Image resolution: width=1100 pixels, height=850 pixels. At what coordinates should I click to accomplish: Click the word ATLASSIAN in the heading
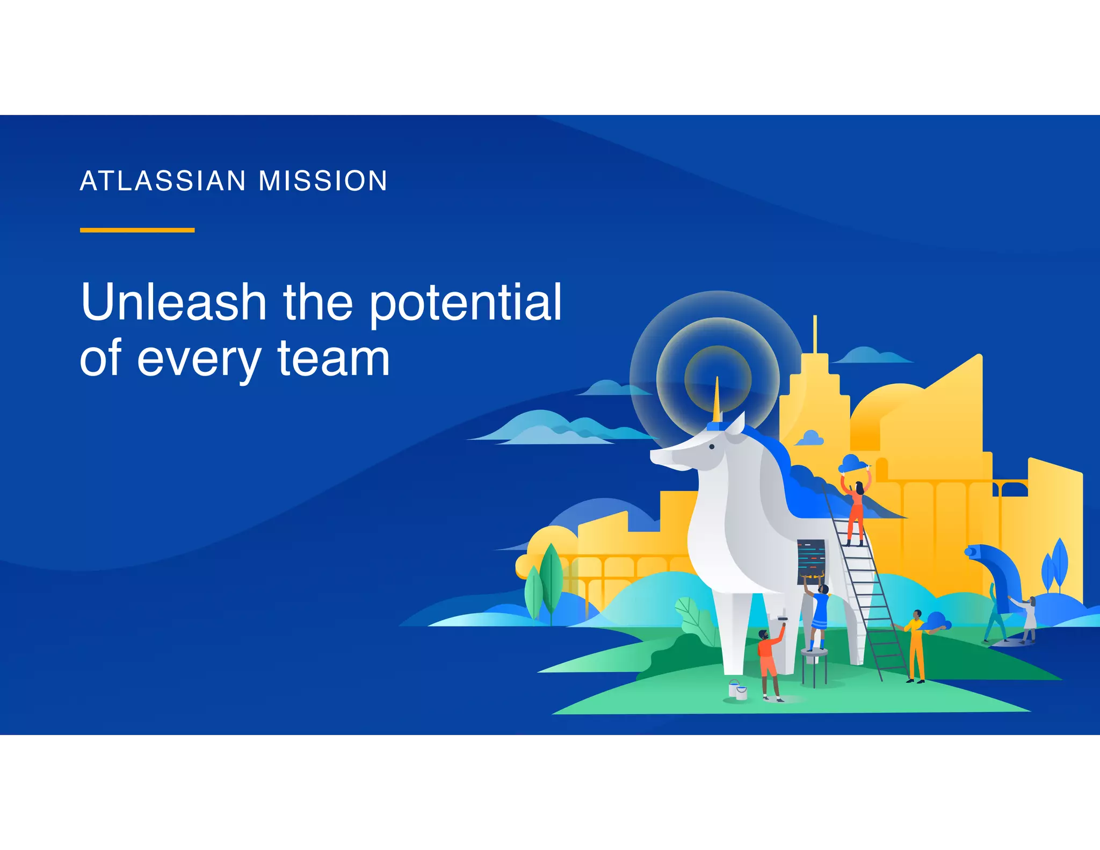(163, 181)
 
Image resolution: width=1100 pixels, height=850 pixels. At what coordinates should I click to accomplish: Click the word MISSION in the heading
(323, 181)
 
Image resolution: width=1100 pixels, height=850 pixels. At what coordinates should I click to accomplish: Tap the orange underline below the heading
(137, 230)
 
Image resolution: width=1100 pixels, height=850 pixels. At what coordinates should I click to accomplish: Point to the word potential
(465, 304)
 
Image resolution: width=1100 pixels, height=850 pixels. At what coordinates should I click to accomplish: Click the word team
(334, 359)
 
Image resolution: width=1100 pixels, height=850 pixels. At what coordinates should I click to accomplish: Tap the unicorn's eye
(712, 447)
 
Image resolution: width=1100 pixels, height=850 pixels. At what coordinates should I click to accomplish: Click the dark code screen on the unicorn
(810, 561)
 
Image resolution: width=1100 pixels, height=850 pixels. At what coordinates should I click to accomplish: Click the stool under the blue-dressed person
(814, 666)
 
